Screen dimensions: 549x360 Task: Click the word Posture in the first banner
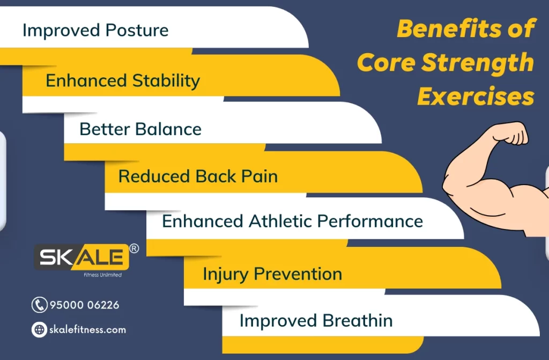click(x=137, y=30)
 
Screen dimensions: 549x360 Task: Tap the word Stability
click(x=166, y=81)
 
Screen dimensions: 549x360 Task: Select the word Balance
click(x=168, y=129)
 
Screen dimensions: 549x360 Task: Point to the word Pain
click(x=259, y=176)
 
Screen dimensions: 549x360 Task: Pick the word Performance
click(x=370, y=221)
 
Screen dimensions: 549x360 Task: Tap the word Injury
click(x=226, y=275)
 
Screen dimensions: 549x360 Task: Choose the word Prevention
click(x=298, y=274)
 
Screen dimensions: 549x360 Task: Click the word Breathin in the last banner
click(x=358, y=320)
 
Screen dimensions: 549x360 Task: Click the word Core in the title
click(x=386, y=63)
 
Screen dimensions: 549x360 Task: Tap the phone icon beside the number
click(x=39, y=305)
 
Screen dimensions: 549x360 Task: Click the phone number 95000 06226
click(x=84, y=305)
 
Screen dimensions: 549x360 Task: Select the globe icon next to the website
click(x=39, y=329)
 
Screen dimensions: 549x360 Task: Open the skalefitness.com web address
click(x=87, y=329)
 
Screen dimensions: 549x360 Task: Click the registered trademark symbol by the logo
click(x=134, y=248)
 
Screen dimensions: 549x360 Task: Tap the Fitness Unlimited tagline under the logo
click(x=102, y=275)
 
